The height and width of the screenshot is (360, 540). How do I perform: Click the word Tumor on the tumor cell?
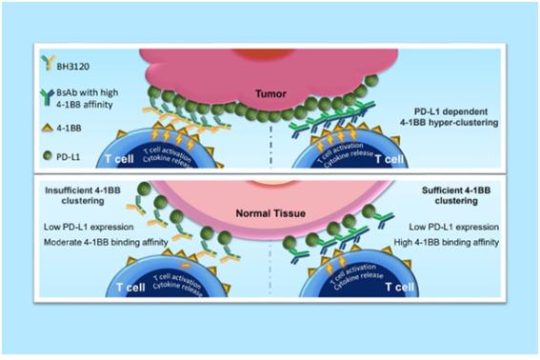(x=270, y=93)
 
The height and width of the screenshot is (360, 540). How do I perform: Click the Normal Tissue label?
(x=270, y=213)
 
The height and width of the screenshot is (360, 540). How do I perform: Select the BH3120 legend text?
(x=73, y=66)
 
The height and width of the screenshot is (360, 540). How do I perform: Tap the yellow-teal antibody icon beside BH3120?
(x=48, y=63)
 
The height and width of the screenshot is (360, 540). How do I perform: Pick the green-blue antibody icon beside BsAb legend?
(x=47, y=97)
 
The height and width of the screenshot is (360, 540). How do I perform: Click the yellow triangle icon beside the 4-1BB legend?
(x=48, y=128)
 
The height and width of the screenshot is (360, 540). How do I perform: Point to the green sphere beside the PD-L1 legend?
(x=48, y=155)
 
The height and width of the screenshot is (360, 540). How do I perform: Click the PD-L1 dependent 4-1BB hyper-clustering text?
(x=450, y=117)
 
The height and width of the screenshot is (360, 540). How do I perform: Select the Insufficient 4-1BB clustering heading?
(x=83, y=195)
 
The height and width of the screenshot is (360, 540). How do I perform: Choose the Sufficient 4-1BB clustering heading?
(x=456, y=195)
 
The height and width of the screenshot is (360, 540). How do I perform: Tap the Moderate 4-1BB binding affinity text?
(x=106, y=242)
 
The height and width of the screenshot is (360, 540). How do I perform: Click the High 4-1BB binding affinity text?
(x=447, y=242)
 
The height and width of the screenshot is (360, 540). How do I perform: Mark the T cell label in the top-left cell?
(x=119, y=159)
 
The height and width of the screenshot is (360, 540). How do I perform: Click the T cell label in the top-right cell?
(x=390, y=159)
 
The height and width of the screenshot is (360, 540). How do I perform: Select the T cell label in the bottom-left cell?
(x=130, y=288)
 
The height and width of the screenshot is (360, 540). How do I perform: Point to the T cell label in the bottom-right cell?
(x=399, y=287)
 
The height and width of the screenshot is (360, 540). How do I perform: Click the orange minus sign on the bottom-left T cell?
(x=185, y=266)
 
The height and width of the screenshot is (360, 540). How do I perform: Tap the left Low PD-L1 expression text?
(x=89, y=227)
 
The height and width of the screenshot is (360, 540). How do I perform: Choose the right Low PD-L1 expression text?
(x=454, y=227)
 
